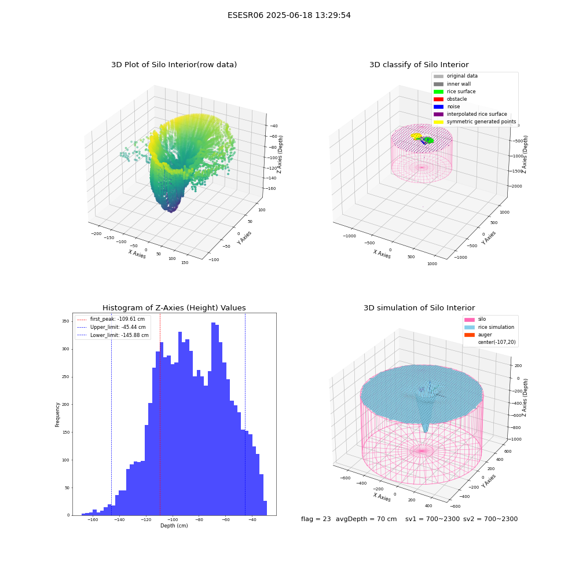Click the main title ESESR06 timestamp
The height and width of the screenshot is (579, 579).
289,15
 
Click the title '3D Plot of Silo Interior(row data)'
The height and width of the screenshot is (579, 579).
174,65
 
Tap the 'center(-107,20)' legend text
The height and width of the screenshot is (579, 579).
497,342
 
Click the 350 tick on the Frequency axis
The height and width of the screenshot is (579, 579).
65,321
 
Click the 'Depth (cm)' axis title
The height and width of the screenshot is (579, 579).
174,526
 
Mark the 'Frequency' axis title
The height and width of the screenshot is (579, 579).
57,415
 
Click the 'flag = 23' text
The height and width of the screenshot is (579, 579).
316,519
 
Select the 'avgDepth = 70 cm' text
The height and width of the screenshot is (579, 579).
366,519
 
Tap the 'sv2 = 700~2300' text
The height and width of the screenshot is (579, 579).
490,519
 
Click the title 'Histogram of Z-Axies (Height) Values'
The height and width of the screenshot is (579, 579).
174,308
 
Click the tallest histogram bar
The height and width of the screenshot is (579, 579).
214,419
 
